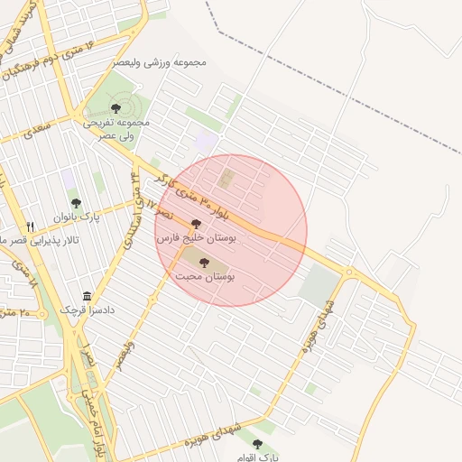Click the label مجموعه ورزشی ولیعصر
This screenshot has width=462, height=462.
(x=160, y=62)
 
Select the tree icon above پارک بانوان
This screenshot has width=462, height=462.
(x=76, y=202)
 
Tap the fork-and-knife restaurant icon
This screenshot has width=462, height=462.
(x=30, y=226)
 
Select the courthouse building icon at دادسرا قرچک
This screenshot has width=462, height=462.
(x=88, y=297)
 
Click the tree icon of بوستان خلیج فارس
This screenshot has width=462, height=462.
(x=196, y=224)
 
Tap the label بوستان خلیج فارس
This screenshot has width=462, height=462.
(x=196, y=239)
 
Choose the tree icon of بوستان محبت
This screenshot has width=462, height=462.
(x=204, y=263)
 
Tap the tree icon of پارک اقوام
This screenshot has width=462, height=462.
(x=258, y=444)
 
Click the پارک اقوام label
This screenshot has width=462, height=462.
(x=261, y=457)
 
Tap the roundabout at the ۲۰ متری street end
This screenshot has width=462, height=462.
(x=348, y=273)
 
